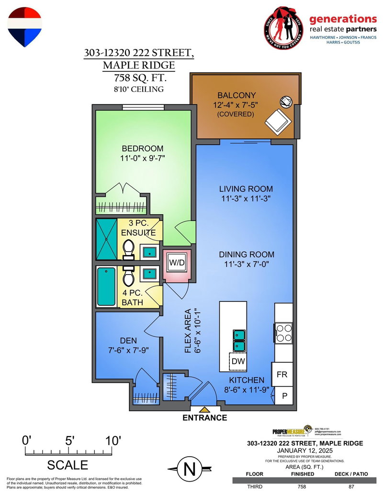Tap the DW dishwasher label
point(237,361)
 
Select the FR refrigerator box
point(282,375)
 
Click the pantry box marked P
point(283,396)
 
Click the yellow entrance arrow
point(205,409)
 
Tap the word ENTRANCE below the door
point(205,418)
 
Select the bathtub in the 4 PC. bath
point(106,287)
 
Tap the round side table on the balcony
point(286,102)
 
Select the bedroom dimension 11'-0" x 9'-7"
point(142,157)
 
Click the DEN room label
point(119,341)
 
